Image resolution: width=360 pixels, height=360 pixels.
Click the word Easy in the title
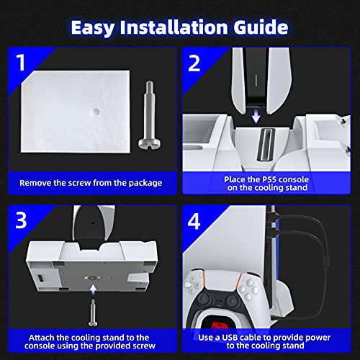pos(100,28)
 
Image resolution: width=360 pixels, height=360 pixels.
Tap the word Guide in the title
pos(261,28)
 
